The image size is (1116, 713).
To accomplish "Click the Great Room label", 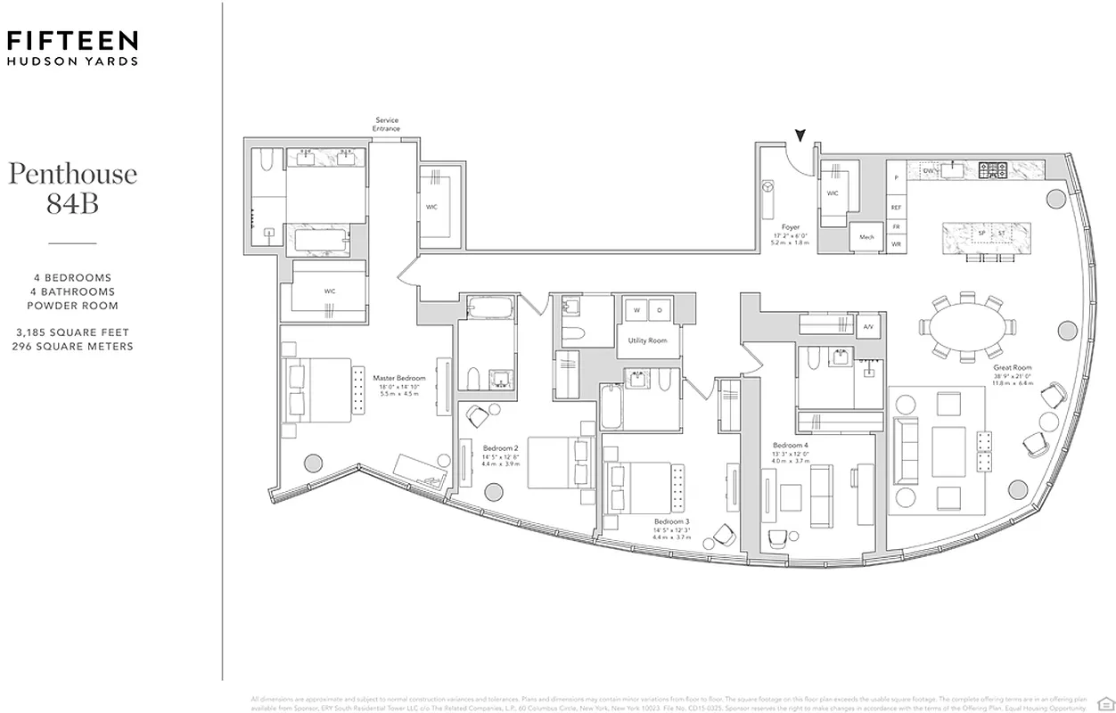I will [1013, 367].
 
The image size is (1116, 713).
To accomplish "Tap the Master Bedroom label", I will [398, 378].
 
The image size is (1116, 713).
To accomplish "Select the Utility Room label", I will [647, 340].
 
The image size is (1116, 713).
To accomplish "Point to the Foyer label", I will [790, 227].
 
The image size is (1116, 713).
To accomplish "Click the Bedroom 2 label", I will [500, 447].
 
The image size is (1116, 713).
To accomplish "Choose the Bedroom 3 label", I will [671, 521].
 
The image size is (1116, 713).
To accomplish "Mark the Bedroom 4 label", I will [791, 445].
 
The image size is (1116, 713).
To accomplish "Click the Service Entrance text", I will [386, 124].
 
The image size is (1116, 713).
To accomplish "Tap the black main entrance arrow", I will [800, 135].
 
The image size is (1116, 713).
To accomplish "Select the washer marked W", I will [636, 309].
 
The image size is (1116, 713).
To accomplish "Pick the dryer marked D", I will [661, 309].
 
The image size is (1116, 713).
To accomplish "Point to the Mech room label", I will [866, 237].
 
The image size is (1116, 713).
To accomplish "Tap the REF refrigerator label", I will [896, 207].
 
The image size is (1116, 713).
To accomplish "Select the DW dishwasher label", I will [927, 169].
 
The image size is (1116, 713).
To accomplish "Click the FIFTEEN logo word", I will [72, 40].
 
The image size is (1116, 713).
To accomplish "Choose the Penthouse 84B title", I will [72, 187].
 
